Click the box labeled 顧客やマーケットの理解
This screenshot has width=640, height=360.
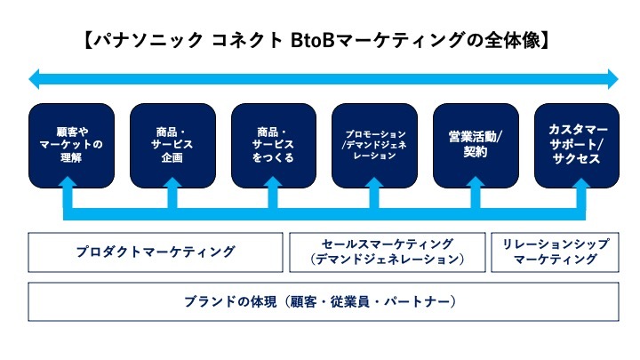click(x=72, y=145)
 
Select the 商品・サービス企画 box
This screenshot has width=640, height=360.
click(x=173, y=145)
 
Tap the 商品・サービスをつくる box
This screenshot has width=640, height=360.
click(x=274, y=145)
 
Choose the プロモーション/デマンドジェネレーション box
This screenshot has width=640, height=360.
click(x=374, y=145)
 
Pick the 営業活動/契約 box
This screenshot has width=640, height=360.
click(x=476, y=145)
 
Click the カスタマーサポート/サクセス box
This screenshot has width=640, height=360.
click(x=575, y=145)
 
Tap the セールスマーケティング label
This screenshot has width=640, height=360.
click(x=388, y=244)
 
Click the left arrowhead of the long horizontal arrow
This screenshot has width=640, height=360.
click(x=36, y=80)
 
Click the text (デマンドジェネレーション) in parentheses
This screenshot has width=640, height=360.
click(x=388, y=260)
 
